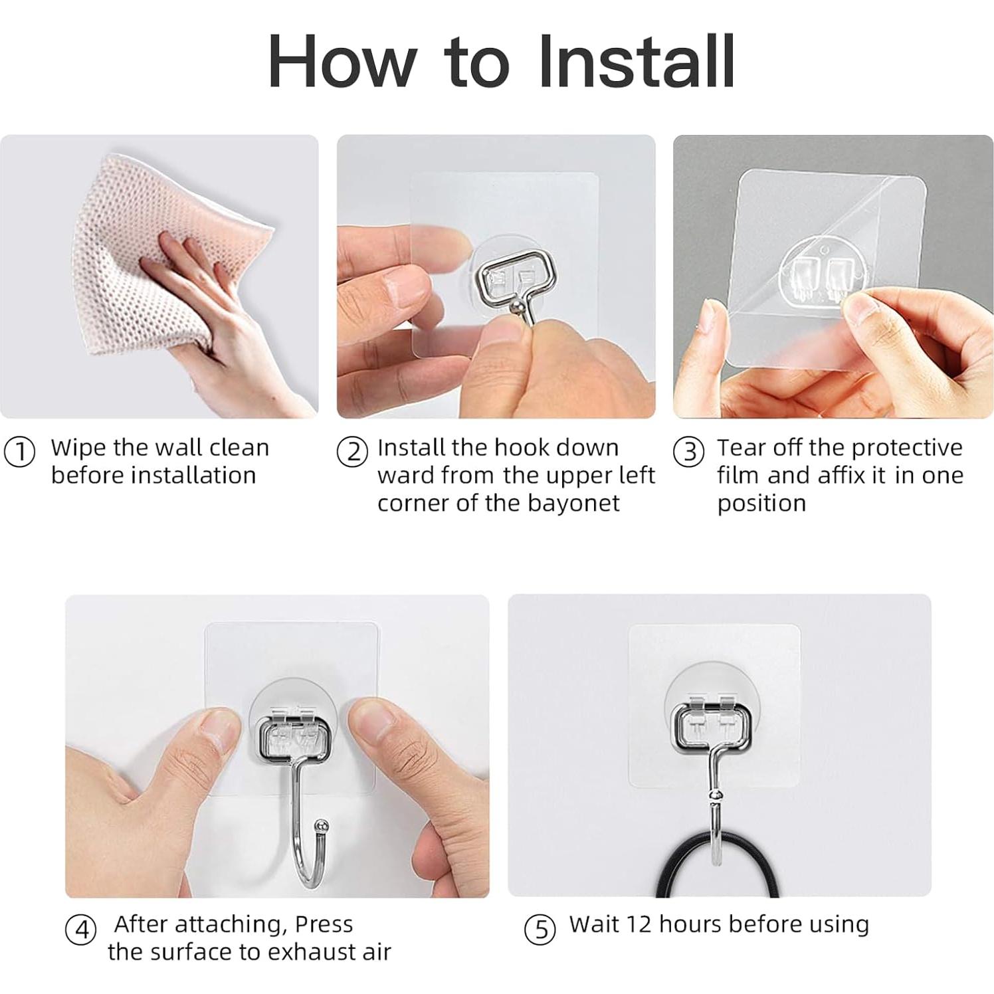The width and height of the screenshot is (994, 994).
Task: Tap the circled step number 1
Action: click(x=20, y=452)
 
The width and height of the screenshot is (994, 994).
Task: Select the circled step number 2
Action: click(x=352, y=452)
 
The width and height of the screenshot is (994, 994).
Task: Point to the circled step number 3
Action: click(x=689, y=452)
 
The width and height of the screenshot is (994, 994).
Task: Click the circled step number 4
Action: click(x=81, y=930)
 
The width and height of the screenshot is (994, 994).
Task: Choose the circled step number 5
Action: click(x=540, y=930)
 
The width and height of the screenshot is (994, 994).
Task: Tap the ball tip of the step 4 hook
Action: click(x=322, y=825)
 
